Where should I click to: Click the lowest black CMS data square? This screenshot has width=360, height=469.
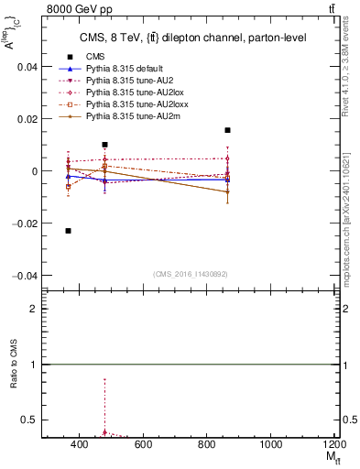point(69,231)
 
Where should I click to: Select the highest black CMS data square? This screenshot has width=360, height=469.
point(227,130)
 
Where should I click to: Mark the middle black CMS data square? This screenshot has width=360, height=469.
point(105,145)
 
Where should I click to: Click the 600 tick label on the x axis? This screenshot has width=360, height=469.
point(143,444)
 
